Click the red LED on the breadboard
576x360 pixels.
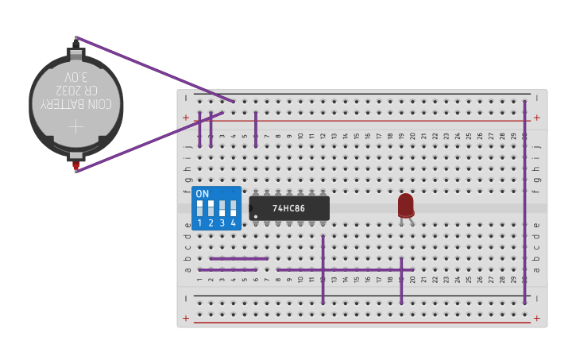point(405,204)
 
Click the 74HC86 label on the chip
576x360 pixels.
point(289,208)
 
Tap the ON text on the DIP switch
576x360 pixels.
point(203,194)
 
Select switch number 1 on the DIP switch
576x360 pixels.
point(199,209)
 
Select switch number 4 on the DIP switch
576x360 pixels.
point(233,209)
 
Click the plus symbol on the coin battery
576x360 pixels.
point(75,126)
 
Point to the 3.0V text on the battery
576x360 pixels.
point(76,77)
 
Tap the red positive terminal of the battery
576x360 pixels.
point(75,166)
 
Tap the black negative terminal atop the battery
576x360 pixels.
point(76,40)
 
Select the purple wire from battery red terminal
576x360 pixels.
point(143,141)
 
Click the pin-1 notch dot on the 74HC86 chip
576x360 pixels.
point(253,208)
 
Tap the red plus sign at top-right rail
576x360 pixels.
point(537,118)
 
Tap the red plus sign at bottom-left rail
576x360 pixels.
point(185,319)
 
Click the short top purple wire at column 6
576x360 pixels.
point(255,129)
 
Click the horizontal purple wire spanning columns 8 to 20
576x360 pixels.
point(345,269)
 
